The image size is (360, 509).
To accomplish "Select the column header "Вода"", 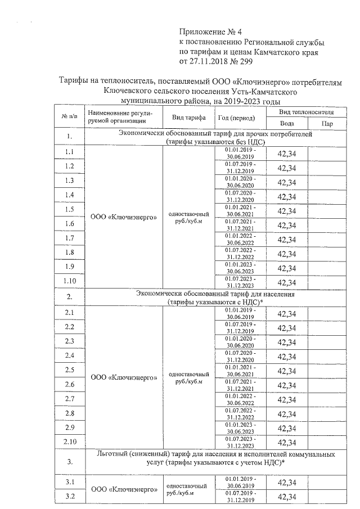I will click(286, 123).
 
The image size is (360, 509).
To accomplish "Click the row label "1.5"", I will click(69, 209).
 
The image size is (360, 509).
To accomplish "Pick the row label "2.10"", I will click(69, 442).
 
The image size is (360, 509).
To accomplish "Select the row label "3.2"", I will click(69, 496).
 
